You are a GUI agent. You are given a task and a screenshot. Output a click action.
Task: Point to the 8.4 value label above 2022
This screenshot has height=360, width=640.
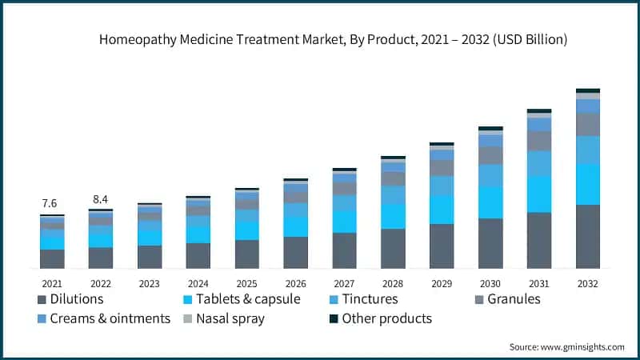(x=100, y=198)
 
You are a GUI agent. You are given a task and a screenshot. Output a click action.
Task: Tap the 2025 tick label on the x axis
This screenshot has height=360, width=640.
(x=247, y=283)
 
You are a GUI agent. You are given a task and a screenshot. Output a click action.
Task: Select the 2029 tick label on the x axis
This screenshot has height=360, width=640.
(x=442, y=283)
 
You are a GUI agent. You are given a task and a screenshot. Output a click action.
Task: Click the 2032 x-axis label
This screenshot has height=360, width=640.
(x=588, y=283)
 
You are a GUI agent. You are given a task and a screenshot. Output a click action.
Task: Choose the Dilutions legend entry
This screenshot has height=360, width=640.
(x=71, y=299)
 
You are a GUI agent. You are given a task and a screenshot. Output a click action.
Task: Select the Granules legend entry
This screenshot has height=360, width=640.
(x=506, y=299)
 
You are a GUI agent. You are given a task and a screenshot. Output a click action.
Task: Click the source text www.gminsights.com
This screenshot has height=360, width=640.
(x=567, y=346)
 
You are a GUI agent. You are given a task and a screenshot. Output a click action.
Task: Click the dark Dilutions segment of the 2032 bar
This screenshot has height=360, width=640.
(x=588, y=236)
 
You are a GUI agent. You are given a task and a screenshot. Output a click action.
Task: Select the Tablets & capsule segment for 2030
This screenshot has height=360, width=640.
(x=490, y=202)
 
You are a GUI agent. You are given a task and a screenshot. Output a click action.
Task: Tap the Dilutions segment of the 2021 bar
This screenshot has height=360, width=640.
(x=52, y=258)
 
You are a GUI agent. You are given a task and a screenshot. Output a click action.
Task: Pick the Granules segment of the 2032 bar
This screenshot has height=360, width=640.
(x=588, y=124)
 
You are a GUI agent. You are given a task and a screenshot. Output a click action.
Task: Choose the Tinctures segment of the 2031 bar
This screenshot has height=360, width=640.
(x=539, y=163)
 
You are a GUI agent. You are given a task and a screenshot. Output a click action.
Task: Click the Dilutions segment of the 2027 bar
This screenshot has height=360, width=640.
(x=345, y=250)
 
